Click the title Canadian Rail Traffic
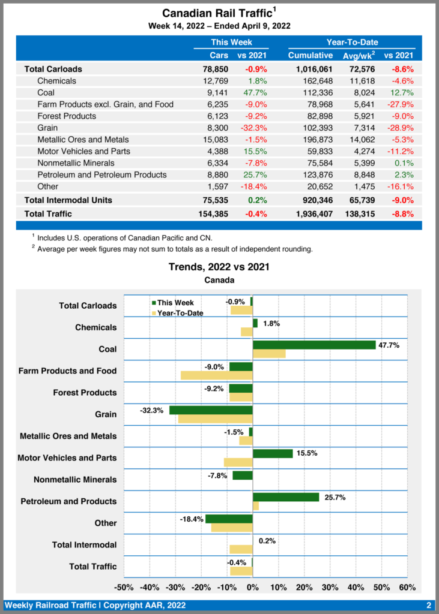217,13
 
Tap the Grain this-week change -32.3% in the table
253,128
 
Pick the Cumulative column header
310,55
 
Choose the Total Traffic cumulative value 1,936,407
310,213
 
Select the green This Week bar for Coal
314,345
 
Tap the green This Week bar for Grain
211,410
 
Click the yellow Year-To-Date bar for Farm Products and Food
217,375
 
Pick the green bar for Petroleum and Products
286,497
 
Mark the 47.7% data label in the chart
389,345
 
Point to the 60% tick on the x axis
407,587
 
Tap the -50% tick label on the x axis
124,587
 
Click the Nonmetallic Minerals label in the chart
75,480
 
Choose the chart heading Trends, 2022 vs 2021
219,267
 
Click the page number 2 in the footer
429,605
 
